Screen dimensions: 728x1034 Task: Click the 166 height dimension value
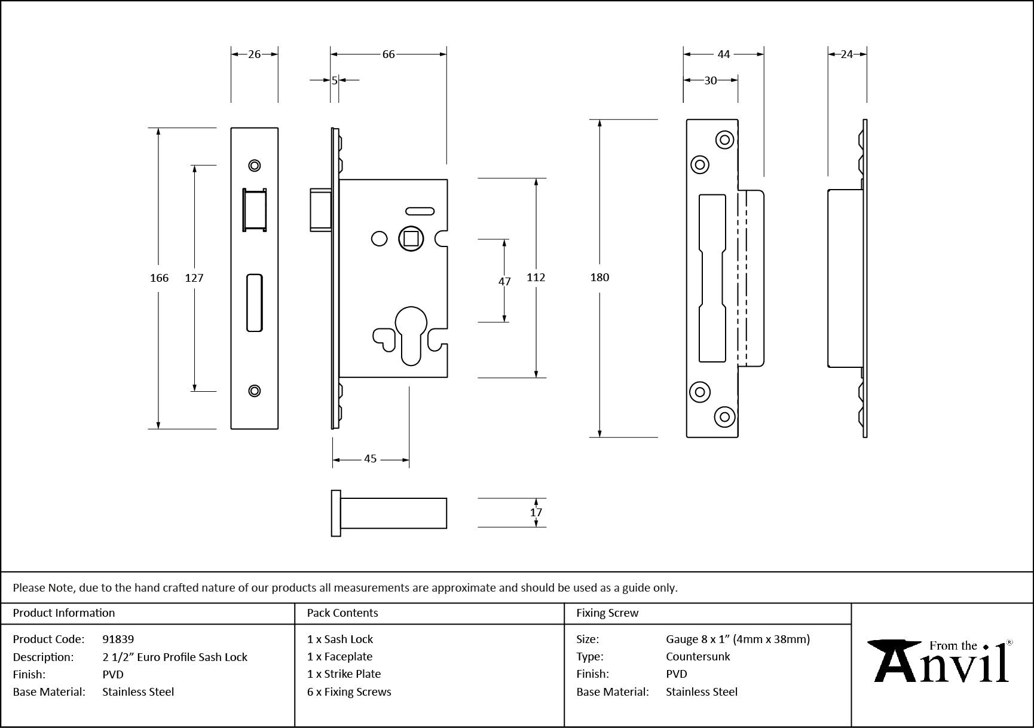pos(159,278)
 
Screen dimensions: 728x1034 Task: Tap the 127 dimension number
pos(194,278)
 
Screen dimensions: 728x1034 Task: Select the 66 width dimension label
pos(388,54)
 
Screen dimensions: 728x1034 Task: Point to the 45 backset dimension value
pos(371,459)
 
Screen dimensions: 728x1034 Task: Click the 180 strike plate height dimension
pos(599,277)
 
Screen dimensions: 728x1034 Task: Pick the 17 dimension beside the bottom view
pos(536,512)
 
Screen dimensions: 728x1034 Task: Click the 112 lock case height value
pos(536,277)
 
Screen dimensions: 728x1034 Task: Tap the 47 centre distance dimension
pos(504,281)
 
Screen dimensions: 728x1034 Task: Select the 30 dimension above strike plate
pos(710,80)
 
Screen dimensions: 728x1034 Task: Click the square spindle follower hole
pos(411,239)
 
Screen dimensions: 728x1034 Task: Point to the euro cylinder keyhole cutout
pos(411,334)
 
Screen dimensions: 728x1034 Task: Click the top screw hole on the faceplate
pos(255,165)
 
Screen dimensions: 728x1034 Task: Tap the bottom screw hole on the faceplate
pos(255,391)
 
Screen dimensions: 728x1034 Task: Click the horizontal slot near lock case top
pos(420,211)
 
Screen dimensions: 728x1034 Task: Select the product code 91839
pos(118,639)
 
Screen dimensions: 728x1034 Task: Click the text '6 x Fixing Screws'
pos(349,692)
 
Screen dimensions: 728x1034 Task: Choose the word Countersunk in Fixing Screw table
pos(698,656)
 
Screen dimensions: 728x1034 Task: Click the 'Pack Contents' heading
pos(342,613)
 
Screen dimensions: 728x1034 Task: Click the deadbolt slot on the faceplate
pos(255,303)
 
